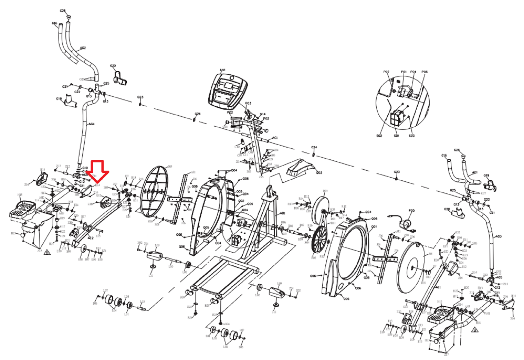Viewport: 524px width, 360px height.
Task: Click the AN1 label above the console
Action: (223, 70)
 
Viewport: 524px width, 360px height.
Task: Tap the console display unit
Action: (228, 91)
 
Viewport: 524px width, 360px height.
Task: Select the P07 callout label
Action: (386, 72)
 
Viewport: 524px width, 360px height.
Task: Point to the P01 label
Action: (404, 72)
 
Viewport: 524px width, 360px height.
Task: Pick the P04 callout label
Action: (413, 72)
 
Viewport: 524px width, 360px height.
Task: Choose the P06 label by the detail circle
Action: (425, 72)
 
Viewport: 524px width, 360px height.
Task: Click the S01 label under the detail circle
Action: (396, 136)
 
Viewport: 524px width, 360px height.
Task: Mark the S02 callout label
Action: (379, 136)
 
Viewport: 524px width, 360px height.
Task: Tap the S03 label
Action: (412, 136)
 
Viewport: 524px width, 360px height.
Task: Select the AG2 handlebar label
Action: (83, 48)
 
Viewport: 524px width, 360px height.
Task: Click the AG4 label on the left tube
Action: (92, 124)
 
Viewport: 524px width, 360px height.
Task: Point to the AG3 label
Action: (498, 236)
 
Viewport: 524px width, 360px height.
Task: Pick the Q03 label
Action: (319, 173)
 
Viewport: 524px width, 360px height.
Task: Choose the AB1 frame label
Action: (282, 213)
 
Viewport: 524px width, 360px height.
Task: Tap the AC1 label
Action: (275, 138)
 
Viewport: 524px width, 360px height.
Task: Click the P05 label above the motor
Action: (412, 211)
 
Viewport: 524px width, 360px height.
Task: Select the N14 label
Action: (262, 114)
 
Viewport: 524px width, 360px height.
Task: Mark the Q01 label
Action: (374, 226)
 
